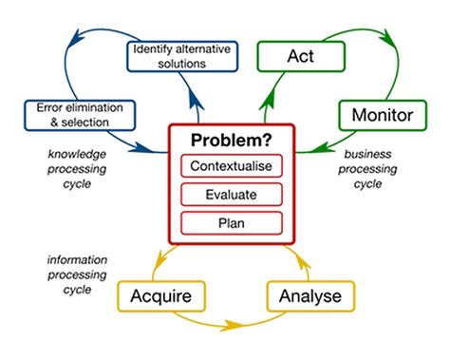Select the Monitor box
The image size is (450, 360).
377,117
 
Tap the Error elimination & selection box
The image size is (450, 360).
68,113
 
